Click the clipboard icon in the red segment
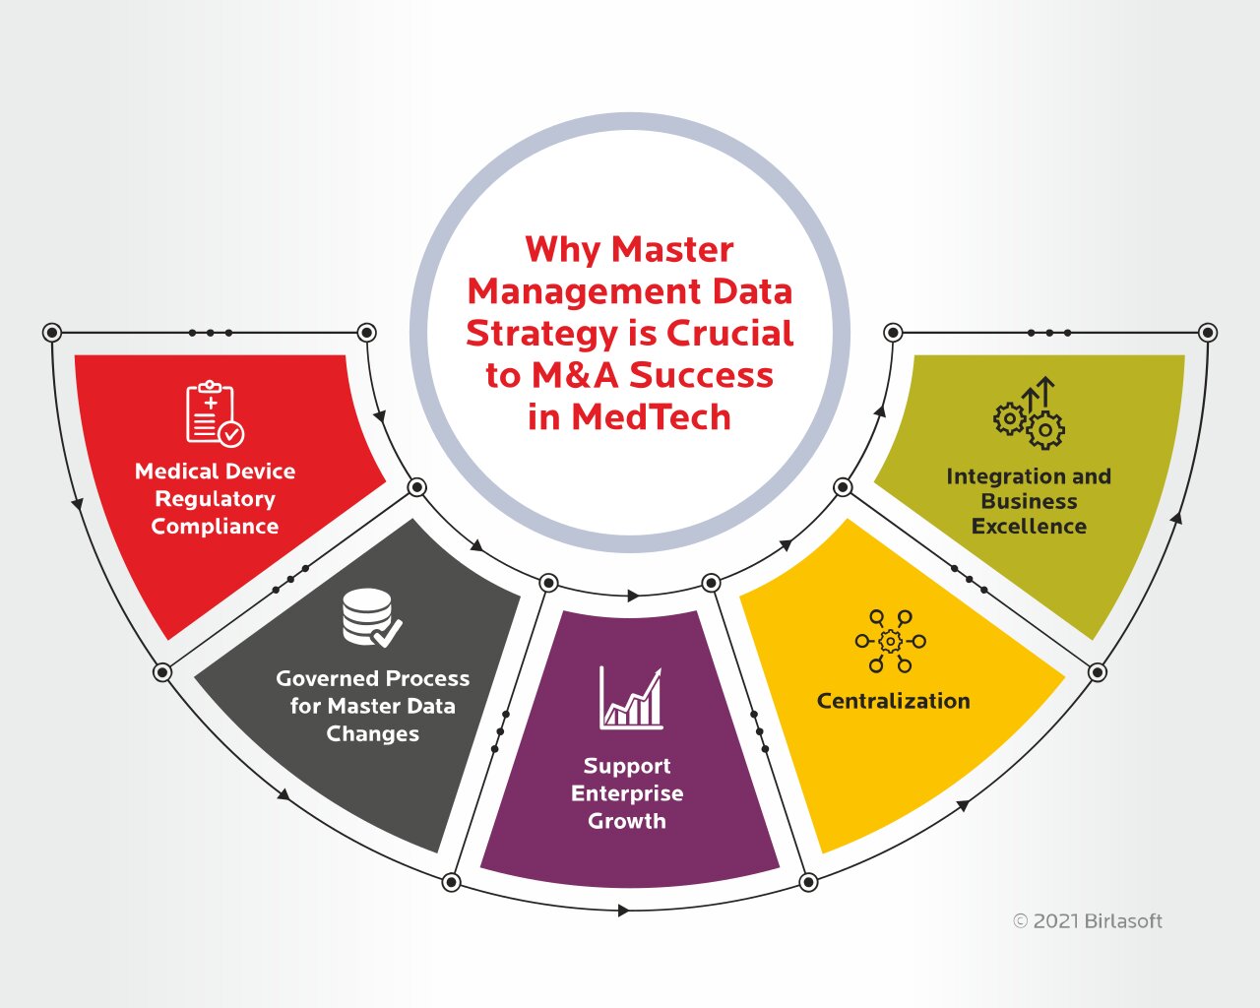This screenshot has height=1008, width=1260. [x=215, y=413]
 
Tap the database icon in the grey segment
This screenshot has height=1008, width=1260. [x=372, y=618]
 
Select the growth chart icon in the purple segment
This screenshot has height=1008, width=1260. [x=631, y=698]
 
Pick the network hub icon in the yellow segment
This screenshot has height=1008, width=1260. [x=890, y=642]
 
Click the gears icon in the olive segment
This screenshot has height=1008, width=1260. [x=1029, y=413]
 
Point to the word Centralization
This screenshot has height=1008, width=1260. [x=894, y=701]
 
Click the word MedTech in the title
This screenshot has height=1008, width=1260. [x=651, y=417]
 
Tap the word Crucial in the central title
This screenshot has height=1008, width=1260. [x=729, y=334]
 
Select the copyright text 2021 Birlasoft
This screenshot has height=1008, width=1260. [x=1088, y=921]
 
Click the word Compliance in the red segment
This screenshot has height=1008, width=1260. [x=215, y=528]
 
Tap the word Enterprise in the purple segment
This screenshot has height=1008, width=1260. [x=627, y=793]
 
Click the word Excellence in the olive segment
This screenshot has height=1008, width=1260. [x=1029, y=526]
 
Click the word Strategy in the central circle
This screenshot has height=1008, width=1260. [x=541, y=334]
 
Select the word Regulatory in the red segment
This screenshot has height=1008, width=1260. [x=215, y=499]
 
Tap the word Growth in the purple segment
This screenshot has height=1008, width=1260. [x=627, y=821]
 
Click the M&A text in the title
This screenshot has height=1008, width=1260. [x=575, y=375]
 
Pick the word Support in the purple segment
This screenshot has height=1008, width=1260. [x=627, y=766]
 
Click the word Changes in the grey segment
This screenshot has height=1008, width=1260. [x=372, y=734]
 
